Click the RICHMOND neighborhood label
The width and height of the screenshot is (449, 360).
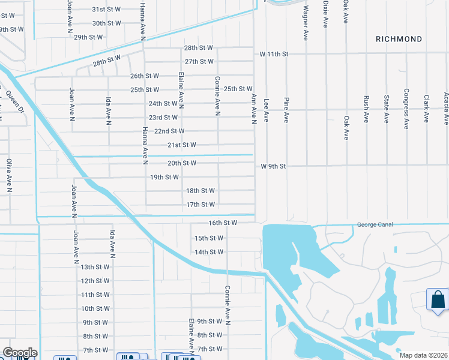click(x=399, y=39)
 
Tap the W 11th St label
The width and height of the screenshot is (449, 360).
click(x=274, y=54)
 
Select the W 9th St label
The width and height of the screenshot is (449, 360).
click(x=273, y=166)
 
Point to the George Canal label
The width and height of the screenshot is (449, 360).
click(x=375, y=224)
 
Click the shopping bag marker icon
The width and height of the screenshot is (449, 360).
click(x=438, y=299)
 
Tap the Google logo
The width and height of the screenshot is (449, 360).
click(x=19, y=353)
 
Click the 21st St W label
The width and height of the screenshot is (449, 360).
click(x=182, y=145)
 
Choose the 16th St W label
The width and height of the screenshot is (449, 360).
click(x=223, y=223)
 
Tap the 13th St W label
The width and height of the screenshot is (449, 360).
click(x=95, y=267)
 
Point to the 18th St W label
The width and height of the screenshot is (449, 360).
click(x=200, y=191)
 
